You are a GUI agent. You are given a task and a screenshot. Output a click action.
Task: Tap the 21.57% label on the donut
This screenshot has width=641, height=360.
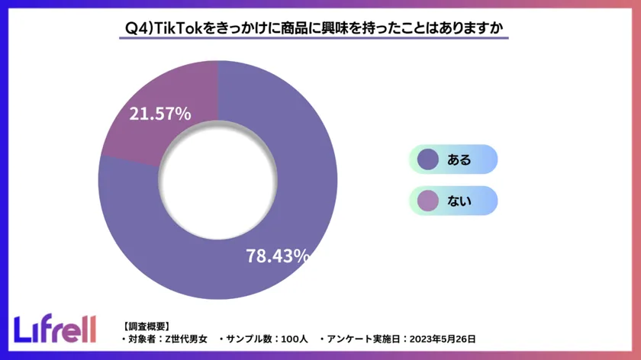[x=159, y=114]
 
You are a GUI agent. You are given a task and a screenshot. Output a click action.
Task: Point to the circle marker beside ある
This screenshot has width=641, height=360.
[x=428, y=159]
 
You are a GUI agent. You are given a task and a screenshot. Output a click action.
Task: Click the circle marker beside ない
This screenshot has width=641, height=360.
[x=428, y=201]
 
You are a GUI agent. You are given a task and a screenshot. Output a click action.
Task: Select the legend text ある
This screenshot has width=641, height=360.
[x=459, y=160]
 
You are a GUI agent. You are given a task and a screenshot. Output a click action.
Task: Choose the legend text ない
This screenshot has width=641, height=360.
[x=459, y=201]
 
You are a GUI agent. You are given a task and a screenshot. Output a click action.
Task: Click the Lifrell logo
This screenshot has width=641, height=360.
[x=56, y=328]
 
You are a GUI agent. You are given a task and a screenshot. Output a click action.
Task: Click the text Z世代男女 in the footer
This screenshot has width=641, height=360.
[x=187, y=338]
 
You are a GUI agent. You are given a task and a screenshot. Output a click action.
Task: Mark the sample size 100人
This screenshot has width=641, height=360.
[x=293, y=338]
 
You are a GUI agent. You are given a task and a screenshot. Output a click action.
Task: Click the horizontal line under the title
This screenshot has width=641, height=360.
[x=317, y=38]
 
